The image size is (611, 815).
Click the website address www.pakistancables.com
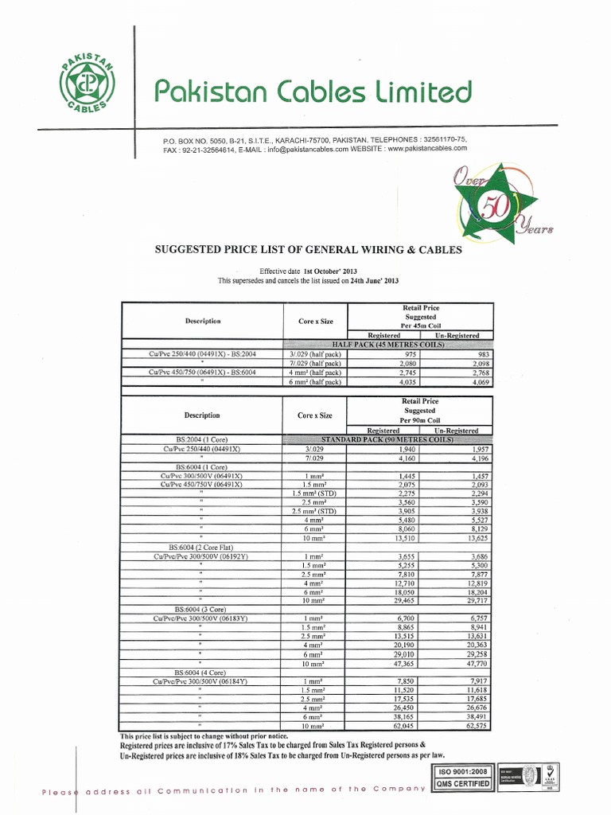tap(428, 148)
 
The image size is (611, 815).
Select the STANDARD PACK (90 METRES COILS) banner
tap(387, 439)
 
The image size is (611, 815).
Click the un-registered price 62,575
tap(479, 726)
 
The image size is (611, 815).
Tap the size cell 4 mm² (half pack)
tap(316, 372)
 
